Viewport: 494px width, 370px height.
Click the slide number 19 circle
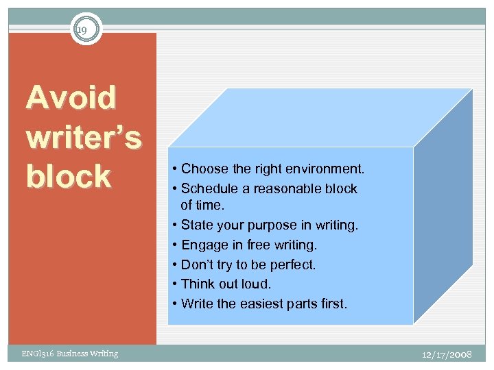[86, 29]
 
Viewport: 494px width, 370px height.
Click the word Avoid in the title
[71, 98]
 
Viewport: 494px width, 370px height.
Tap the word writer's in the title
[84, 138]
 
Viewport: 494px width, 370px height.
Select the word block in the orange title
[68, 177]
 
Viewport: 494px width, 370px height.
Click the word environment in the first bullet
[325, 169]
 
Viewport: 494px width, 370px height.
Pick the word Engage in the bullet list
[202, 245]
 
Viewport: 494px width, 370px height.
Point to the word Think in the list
[197, 284]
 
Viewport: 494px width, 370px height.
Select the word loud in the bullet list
[257, 284]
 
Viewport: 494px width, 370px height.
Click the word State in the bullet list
[196, 225]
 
